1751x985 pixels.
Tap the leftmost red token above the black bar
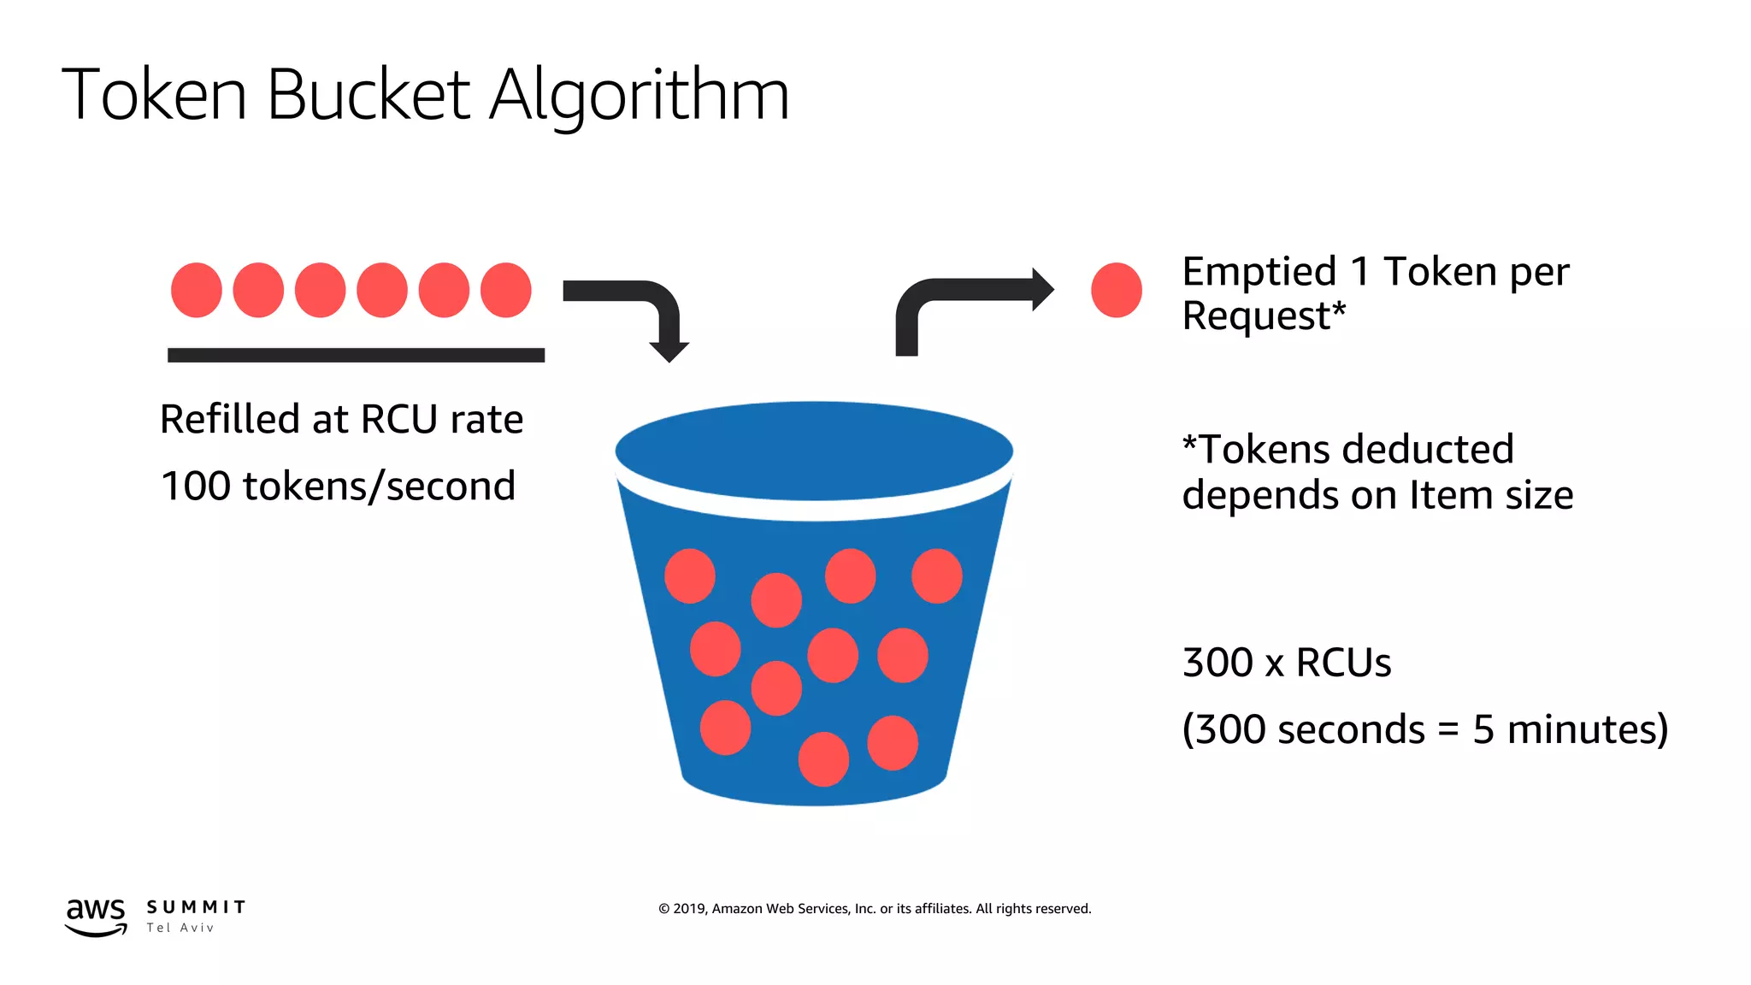coord(197,290)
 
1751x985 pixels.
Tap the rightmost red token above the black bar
coord(505,290)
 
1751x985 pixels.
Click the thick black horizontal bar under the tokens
coord(356,355)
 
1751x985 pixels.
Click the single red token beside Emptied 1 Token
coord(1116,290)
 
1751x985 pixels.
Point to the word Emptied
coord(1259,272)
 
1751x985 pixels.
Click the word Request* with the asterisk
coord(1264,316)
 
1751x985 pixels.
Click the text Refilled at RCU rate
coord(341,420)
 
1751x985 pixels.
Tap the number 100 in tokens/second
coord(195,487)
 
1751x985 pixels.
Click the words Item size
coord(1491,495)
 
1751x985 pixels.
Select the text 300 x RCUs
coord(1286,663)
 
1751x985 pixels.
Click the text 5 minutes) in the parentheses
coord(1570,729)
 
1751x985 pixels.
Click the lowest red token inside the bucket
coord(823,759)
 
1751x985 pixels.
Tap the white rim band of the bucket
coord(814,510)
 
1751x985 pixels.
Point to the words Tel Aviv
coord(180,929)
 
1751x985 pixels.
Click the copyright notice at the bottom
coord(875,909)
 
